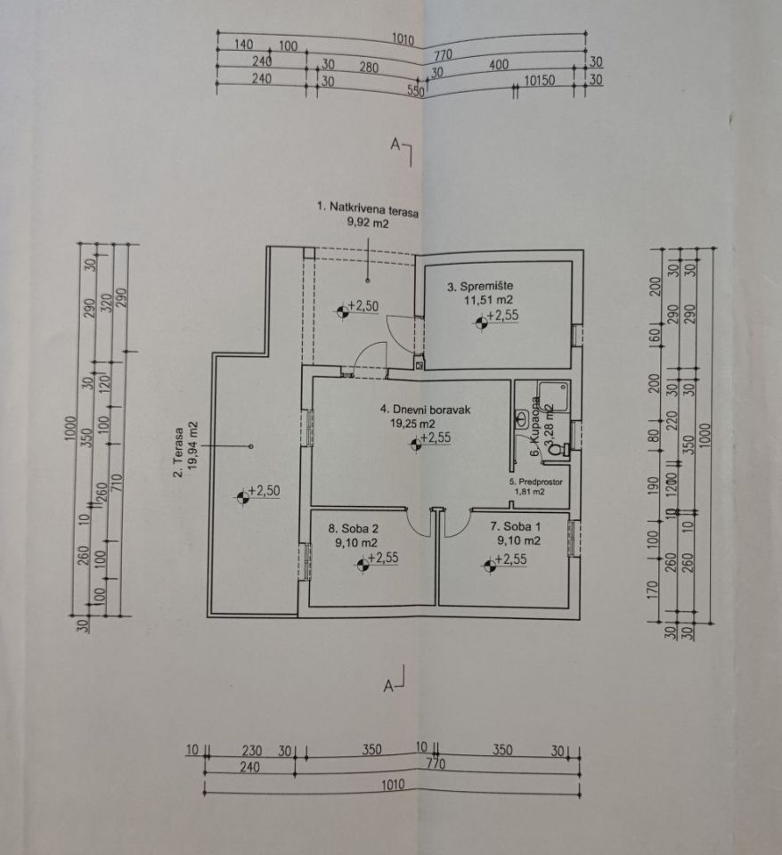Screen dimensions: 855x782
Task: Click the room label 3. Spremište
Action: click(x=480, y=286)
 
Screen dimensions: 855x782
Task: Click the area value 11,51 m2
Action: click(x=483, y=301)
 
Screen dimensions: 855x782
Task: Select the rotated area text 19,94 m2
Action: click(x=191, y=443)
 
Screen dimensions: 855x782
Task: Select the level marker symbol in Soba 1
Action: click(x=488, y=565)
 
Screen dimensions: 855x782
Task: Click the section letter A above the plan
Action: click(x=395, y=143)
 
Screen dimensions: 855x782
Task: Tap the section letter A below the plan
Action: click(x=388, y=686)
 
